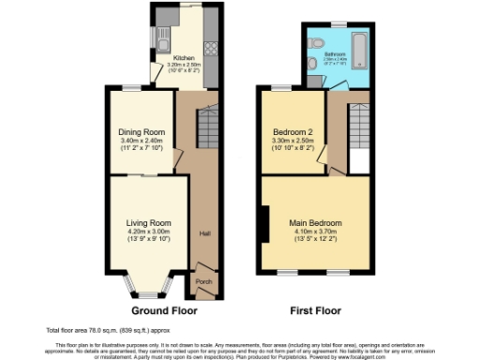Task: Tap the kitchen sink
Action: [x=161, y=41]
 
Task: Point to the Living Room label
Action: [x=147, y=222]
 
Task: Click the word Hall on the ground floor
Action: [x=203, y=234]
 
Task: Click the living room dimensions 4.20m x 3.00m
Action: [x=147, y=232]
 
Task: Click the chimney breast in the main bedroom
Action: [x=264, y=222]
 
